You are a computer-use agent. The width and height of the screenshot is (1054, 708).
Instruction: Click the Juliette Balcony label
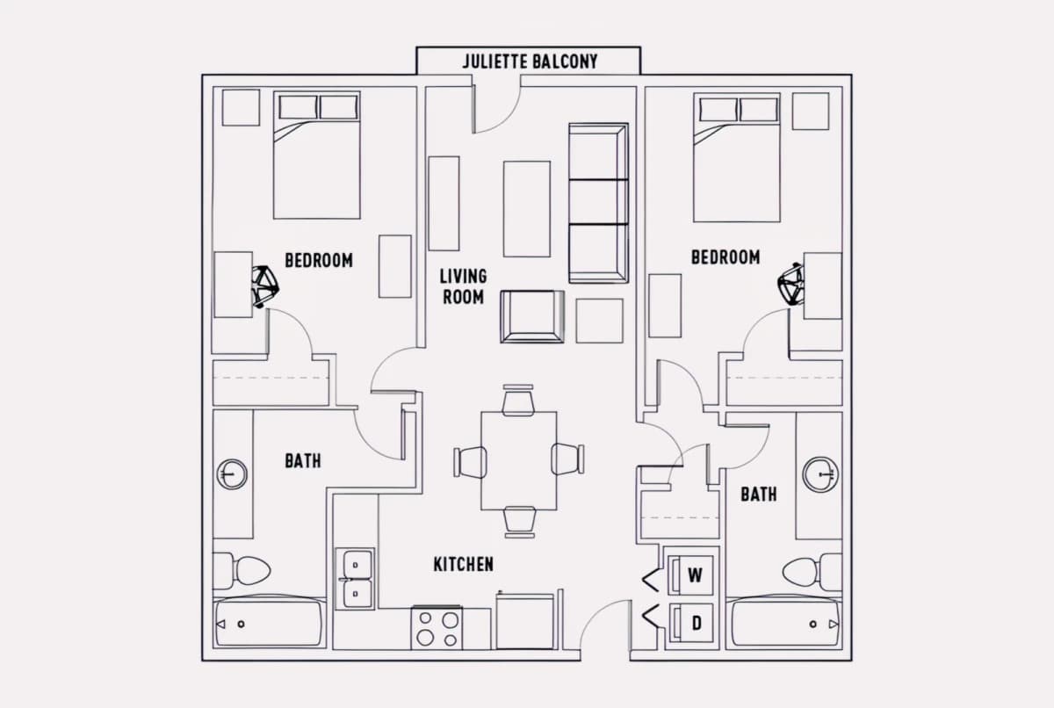click(530, 61)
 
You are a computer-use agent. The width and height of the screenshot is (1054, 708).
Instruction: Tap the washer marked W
click(690, 574)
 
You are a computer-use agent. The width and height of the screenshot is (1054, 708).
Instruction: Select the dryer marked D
click(690, 623)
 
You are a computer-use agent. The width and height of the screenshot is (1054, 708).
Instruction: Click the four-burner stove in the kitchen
click(437, 627)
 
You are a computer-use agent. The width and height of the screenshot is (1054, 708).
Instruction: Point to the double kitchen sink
click(355, 579)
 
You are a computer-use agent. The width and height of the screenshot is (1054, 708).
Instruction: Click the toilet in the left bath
click(242, 571)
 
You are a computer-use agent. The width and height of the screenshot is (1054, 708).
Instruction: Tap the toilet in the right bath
click(812, 572)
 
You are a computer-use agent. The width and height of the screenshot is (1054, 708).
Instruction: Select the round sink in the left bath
click(232, 474)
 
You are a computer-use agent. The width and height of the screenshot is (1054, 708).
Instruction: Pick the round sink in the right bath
click(820, 474)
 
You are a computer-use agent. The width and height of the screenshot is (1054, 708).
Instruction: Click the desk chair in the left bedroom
click(265, 286)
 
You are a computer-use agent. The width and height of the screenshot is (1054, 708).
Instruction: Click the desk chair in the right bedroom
click(790, 284)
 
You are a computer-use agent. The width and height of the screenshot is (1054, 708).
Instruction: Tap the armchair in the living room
click(532, 316)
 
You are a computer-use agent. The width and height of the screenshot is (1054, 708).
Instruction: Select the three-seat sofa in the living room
click(598, 203)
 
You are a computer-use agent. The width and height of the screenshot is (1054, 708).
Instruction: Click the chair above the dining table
click(518, 401)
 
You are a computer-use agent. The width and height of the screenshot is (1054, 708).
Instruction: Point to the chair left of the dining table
click(470, 462)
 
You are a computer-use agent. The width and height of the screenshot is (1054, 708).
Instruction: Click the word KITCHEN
click(464, 564)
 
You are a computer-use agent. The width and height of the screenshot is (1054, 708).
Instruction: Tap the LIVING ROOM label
click(464, 286)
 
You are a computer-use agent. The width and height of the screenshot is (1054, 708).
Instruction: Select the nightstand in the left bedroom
click(241, 108)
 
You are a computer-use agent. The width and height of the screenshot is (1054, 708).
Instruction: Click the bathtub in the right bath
click(783, 624)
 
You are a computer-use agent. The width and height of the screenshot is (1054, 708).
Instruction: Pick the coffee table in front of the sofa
click(526, 209)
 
